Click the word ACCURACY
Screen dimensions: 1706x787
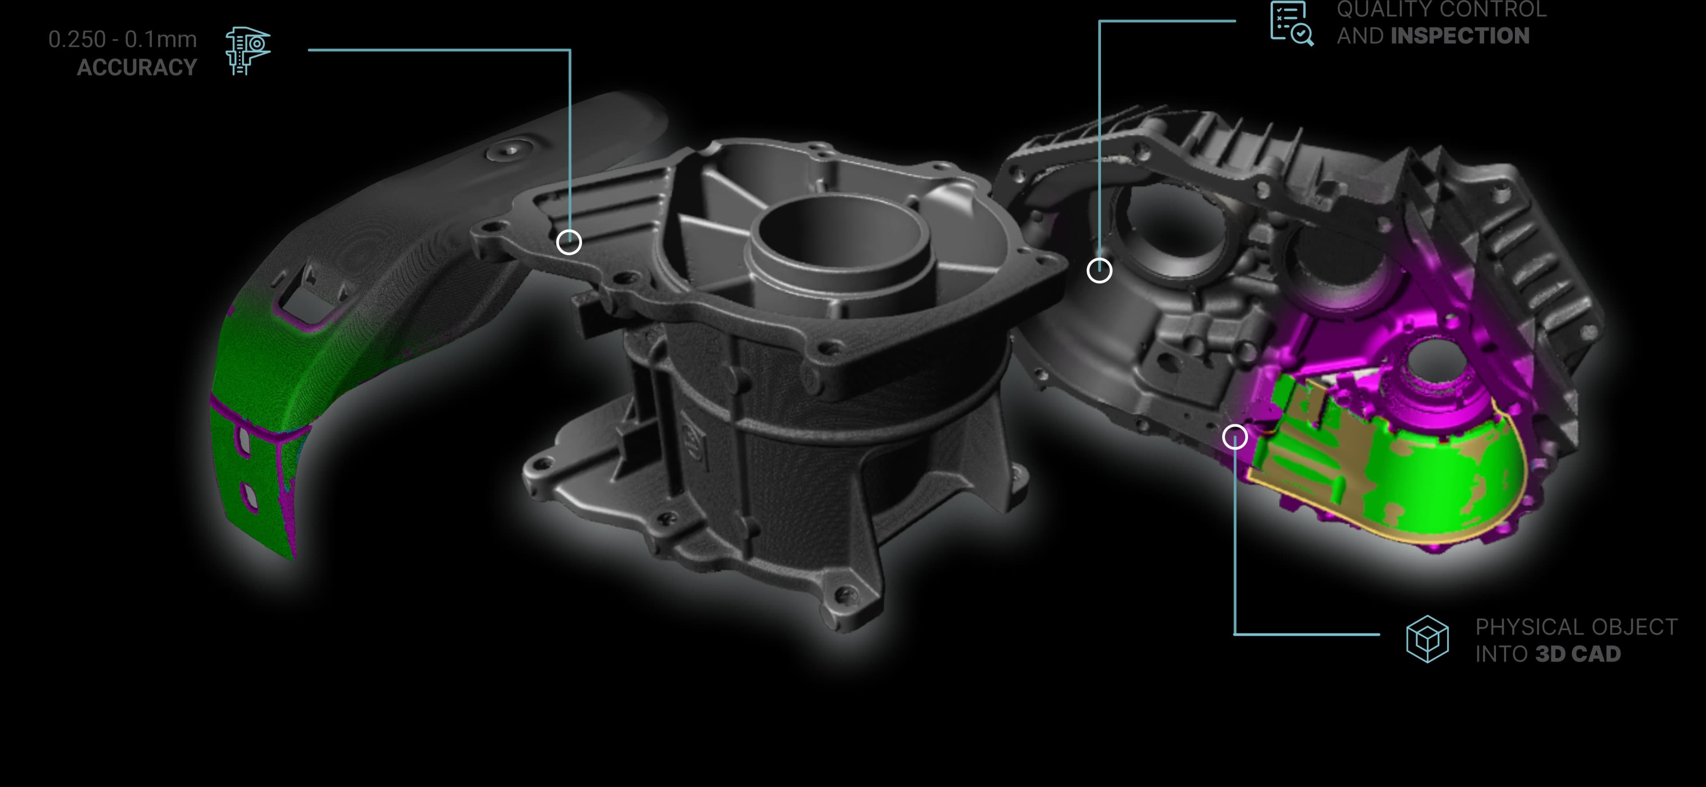137,67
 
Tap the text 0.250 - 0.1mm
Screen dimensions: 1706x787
123,40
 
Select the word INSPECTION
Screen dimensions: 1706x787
1460,36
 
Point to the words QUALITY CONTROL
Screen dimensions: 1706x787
1442,9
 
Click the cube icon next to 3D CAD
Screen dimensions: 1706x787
1427,639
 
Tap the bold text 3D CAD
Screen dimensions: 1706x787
1578,654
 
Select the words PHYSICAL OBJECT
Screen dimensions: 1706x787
1576,627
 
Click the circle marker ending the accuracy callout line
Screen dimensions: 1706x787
569,242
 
